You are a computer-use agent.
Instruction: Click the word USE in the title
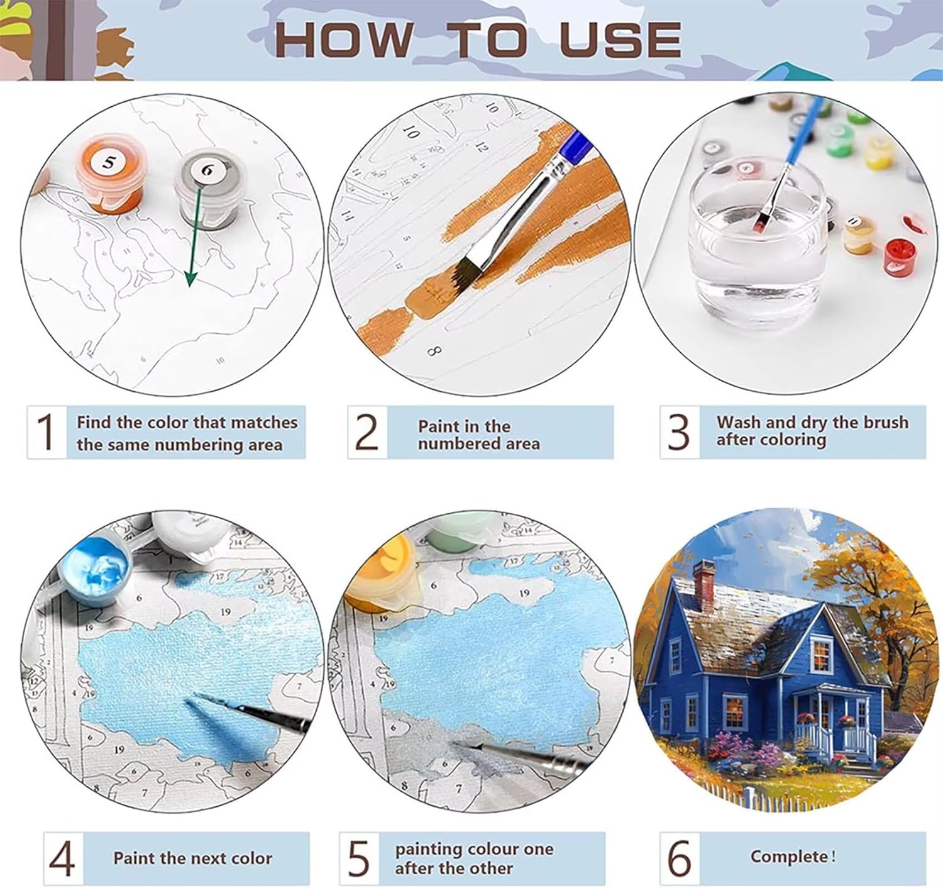coord(620,40)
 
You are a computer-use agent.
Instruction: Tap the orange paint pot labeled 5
coord(110,175)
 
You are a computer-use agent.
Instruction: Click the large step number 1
coord(46,431)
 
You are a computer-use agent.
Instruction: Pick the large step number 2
coord(367,431)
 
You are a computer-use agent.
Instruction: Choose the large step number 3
coord(678,431)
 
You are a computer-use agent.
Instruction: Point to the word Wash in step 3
coord(738,422)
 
